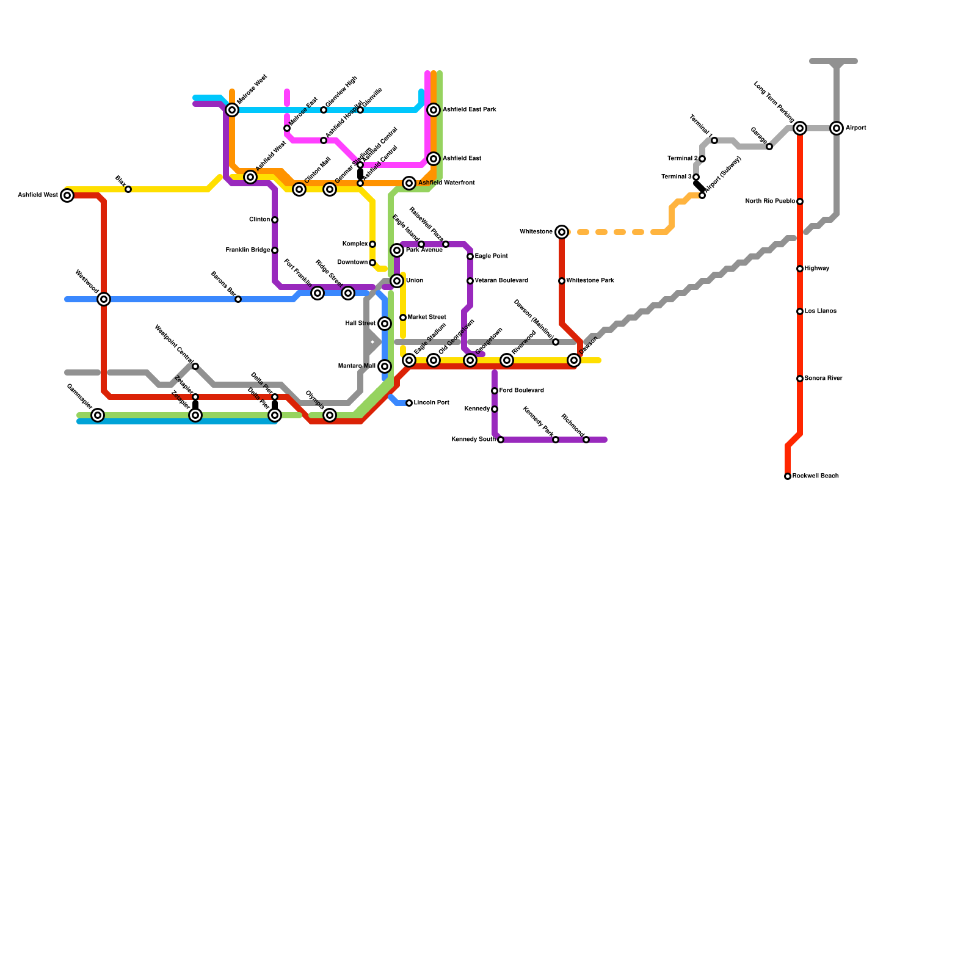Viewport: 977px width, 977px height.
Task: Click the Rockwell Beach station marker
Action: pos(788,476)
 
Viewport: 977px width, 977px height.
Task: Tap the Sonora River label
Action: pos(823,379)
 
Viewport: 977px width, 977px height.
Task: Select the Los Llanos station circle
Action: pos(800,311)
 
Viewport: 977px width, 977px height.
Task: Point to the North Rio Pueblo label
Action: pos(770,202)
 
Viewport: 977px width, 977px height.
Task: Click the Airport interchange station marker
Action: pos(837,128)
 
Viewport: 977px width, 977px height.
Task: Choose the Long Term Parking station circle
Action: pos(800,128)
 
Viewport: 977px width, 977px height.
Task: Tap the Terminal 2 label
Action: pos(682,159)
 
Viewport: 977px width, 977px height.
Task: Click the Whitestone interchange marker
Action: pos(562,232)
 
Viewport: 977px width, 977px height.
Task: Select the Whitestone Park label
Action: pos(590,281)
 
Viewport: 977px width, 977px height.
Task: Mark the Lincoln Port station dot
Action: pos(409,403)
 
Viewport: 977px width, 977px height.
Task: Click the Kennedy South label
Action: pos(474,440)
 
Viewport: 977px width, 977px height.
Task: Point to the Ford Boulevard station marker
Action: pos(495,391)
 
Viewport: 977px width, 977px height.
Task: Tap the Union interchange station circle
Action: pos(397,281)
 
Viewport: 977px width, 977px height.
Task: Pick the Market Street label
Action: pos(427,318)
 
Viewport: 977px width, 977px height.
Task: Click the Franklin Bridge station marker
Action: pos(275,250)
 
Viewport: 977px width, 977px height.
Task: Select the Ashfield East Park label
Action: pos(469,110)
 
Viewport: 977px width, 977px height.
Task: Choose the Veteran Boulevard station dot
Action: pos(470,281)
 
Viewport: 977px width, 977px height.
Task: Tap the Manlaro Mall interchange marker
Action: pos(385,366)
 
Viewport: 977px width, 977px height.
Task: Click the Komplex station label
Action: pos(355,244)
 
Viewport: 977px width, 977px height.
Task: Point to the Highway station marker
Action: pos(800,269)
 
